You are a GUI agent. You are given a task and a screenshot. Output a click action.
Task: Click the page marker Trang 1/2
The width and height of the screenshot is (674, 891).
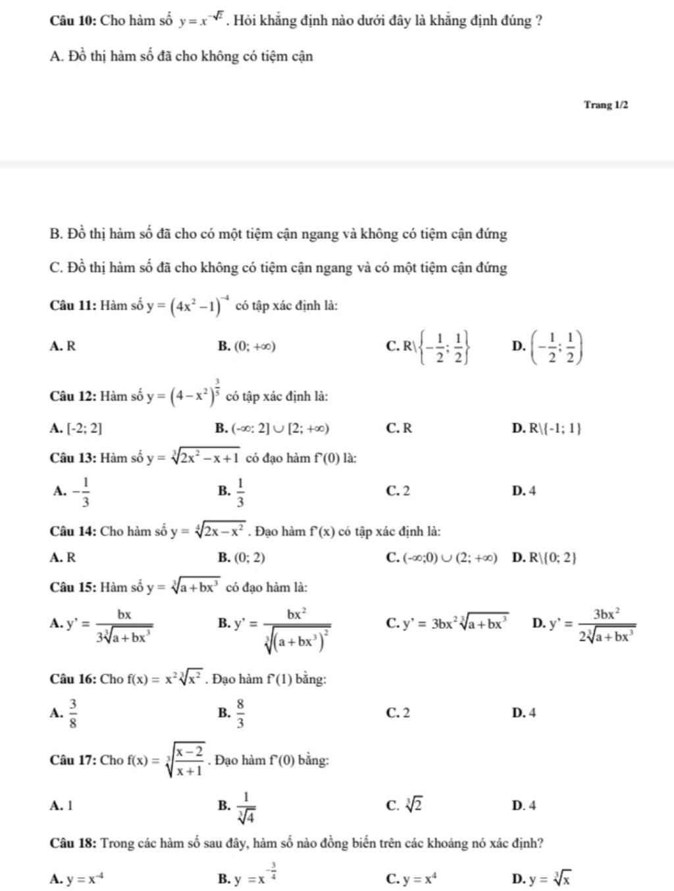click(x=606, y=105)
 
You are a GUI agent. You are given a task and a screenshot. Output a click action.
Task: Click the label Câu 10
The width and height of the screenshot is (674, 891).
click(x=73, y=20)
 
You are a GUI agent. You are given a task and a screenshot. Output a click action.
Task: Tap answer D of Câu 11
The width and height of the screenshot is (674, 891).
click(x=547, y=346)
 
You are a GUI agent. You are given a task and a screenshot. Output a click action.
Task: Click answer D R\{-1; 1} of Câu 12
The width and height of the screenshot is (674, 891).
click(x=546, y=429)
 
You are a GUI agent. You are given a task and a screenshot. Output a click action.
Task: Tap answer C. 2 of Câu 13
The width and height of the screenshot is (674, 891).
click(x=398, y=491)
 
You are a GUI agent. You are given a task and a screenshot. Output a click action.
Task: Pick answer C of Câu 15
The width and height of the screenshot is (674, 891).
click(x=448, y=623)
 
